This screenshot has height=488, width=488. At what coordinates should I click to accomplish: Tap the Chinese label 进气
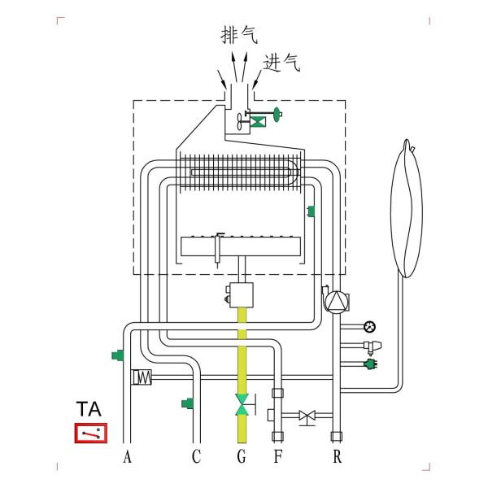281,63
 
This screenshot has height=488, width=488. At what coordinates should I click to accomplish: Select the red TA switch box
90,433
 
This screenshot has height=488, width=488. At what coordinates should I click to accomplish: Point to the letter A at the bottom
127,456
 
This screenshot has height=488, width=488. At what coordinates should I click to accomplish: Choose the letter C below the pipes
196,456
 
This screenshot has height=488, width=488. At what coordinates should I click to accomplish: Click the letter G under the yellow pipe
241,456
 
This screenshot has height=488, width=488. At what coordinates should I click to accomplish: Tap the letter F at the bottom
277,456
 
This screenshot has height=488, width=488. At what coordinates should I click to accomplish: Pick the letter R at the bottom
337,456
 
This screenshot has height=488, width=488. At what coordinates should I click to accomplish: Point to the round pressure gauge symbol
371,327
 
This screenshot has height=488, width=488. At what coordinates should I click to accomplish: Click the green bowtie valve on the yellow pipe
242,404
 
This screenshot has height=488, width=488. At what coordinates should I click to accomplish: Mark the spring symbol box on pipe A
142,377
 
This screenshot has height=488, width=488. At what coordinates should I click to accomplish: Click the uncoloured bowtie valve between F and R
307,416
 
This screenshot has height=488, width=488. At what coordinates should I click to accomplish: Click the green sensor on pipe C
186,403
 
